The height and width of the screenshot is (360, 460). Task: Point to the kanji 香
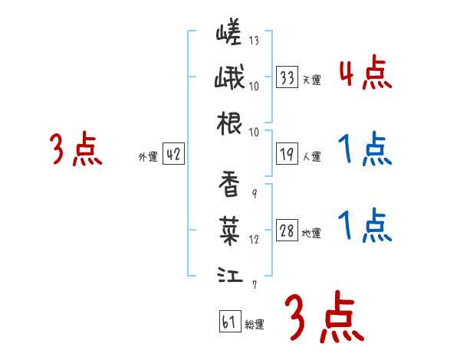(x=229, y=184)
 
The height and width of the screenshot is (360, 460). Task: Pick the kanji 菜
(x=229, y=227)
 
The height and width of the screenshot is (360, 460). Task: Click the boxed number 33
(x=287, y=77)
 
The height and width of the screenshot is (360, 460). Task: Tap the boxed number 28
(x=287, y=231)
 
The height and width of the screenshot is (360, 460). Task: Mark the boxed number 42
(x=173, y=155)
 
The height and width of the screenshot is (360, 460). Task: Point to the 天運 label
(x=311, y=80)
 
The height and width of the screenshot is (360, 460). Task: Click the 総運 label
(x=254, y=325)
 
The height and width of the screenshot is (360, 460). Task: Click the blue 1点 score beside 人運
(x=365, y=149)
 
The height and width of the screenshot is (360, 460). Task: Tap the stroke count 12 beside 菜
(x=253, y=239)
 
